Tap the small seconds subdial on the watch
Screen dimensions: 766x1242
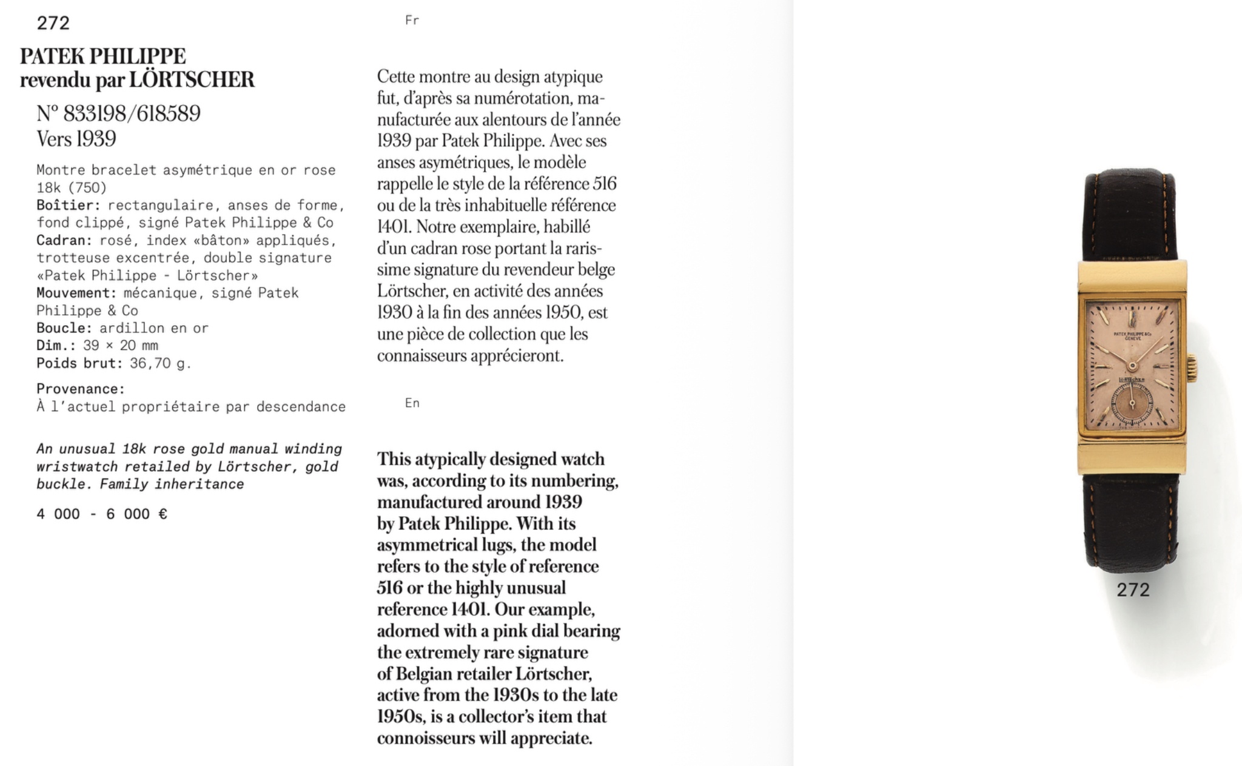(x=1132, y=403)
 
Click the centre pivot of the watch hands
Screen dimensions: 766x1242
(x=1132, y=366)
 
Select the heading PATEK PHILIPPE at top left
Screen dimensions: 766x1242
(x=102, y=56)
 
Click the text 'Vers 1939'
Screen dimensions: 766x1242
(x=76, y=139)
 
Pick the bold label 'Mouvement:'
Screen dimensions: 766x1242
(x=76, y=293)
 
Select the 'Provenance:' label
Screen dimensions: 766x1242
(x=80, y=389)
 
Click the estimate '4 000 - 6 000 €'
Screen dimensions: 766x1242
(x=101, y=514)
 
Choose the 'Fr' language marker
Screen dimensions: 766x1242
(x=412, y=21)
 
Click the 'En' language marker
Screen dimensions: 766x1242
(x=412, y=403)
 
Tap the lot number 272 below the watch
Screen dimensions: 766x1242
(x=1133, y=590)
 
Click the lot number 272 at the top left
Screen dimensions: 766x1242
(x=53, y=23)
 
